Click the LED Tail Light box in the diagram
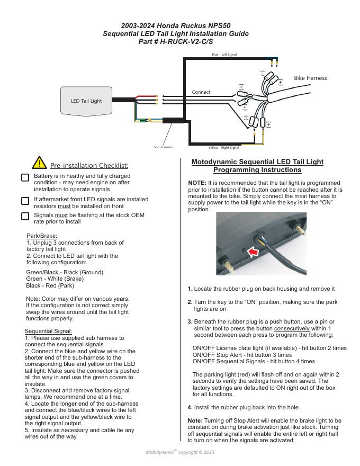pos(86,100)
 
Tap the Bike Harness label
pos(310,78)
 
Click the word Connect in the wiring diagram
pos(201,92)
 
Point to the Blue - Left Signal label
pos(224,55)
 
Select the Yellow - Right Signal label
pos(223,147)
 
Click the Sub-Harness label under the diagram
pos(163,147)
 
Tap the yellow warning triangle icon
pos(39,163)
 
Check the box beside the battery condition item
pos(25,177)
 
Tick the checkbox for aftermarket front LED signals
pos(25,201)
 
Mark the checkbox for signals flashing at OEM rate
pos(25,216)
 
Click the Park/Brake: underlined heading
pos(41,236)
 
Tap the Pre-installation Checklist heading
pos(89,166)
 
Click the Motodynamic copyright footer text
pos(180,452)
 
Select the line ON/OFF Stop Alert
pos(242,355)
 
